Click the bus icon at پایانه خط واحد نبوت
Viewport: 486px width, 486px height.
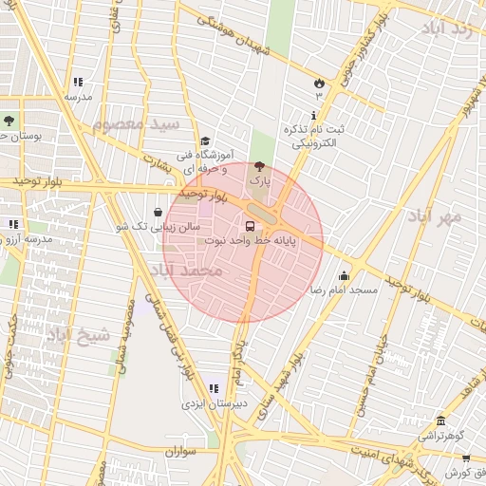[251, 227]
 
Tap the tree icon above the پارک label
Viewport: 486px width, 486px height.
[260, 165]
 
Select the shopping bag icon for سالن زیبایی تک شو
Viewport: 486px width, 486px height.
[158, 213]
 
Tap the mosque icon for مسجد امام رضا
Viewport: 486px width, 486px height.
[343, 275]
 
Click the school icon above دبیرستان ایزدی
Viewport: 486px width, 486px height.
[213, 388]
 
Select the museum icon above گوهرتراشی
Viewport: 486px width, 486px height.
[439, 421]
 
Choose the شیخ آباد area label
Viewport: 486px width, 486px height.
[79, 335]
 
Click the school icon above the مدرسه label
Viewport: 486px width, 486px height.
[77, 83]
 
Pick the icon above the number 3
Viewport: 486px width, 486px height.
[319, 83]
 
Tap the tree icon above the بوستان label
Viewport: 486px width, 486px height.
[9, 121]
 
